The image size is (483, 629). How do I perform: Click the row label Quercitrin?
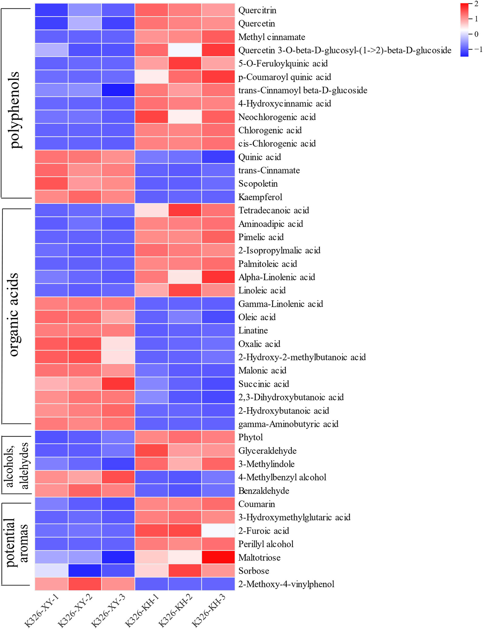pos(257,10)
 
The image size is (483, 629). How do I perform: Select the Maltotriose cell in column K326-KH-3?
pos(218,557)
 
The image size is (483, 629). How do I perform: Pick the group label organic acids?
pos(14,315)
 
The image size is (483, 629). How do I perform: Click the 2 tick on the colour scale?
pos(476,4)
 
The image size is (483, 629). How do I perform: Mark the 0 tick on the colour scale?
pos(476,34)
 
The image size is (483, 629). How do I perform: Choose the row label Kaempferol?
pos(260,197)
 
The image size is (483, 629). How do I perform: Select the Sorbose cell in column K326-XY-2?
pos(85,570)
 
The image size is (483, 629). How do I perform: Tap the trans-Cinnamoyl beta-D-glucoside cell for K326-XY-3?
pos(118,90)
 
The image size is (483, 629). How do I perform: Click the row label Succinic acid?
pos(264,384)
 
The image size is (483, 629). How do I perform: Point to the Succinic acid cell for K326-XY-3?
pos(118,384)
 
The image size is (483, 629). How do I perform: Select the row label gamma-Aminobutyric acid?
pos(288,424)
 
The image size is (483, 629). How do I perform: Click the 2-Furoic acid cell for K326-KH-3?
pos(218,530)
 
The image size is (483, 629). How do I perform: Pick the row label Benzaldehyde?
pos(264,490)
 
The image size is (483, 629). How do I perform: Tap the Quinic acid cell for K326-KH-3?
pos(218,157)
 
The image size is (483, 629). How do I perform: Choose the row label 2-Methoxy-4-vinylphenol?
pos(286,584)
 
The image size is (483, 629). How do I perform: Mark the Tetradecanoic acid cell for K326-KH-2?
pos(185,210)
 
